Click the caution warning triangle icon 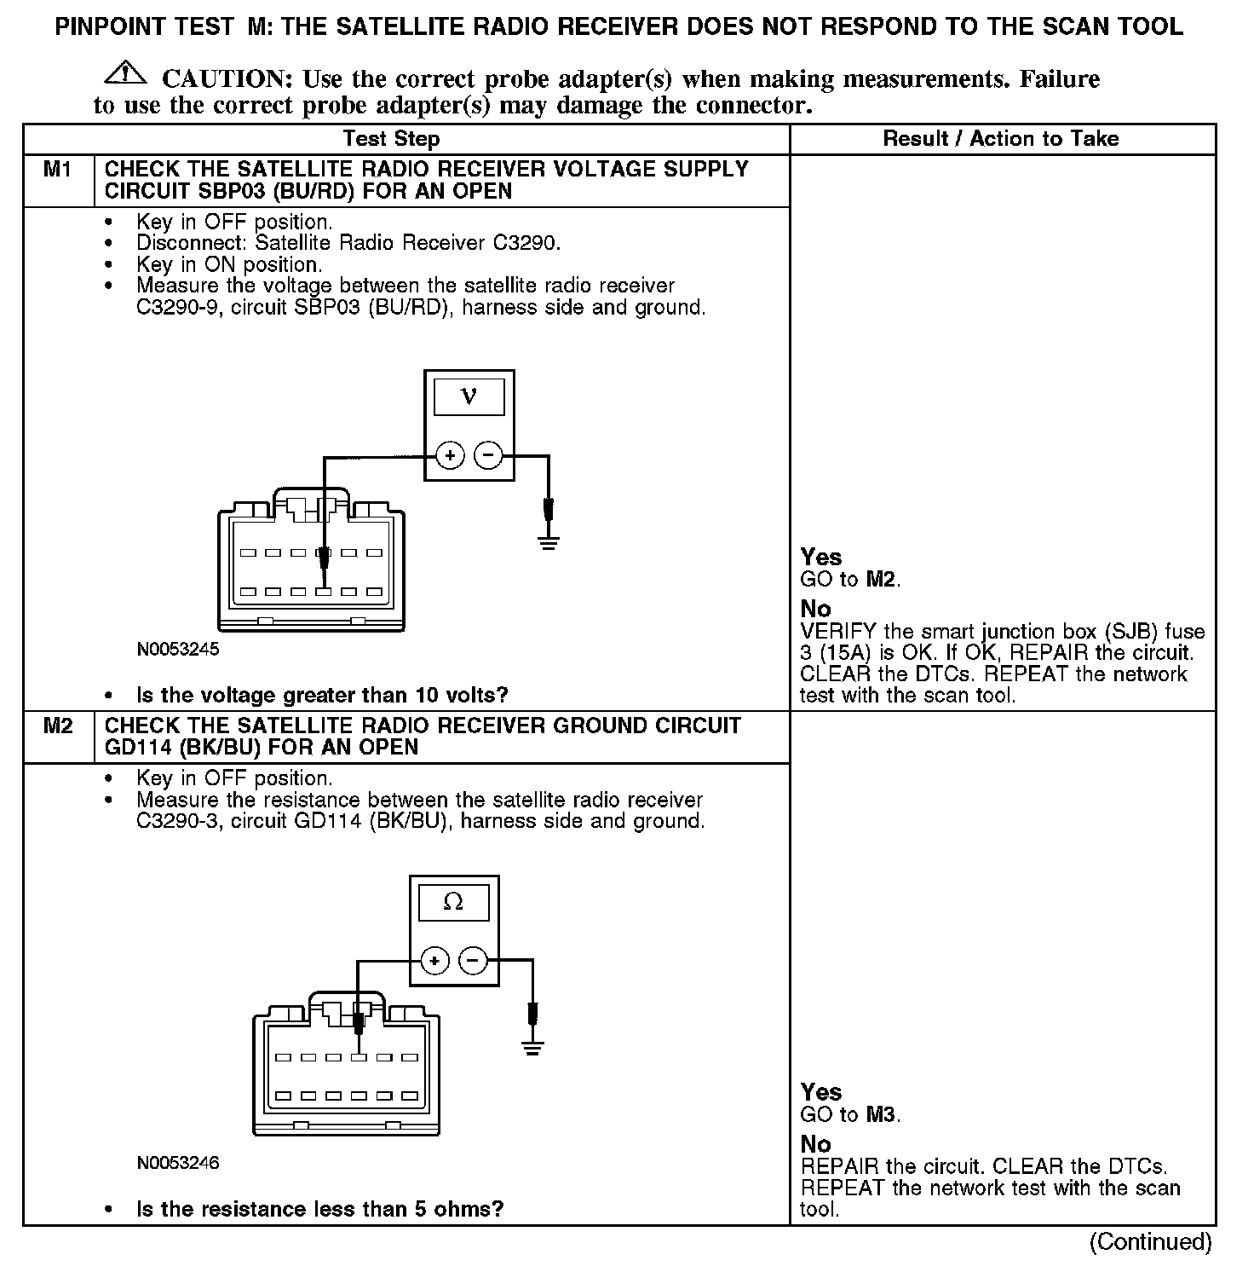coord(125,73)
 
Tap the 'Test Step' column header coord(391,139)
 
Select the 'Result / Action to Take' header coord(1001,139)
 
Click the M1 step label coord(58,170)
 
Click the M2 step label coord(58,726)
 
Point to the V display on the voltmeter coord(469,396)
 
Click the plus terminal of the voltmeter coord(450,456)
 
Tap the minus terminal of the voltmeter coord(488,456)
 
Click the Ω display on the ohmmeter coord(453,902)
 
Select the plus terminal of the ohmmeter coord(434,962)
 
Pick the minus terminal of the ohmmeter coord(473,962)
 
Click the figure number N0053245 coord(178,650)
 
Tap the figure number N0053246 coord(178,1163)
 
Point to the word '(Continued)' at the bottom coord(1150,1242)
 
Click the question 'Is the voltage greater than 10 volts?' coord(322,696)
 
